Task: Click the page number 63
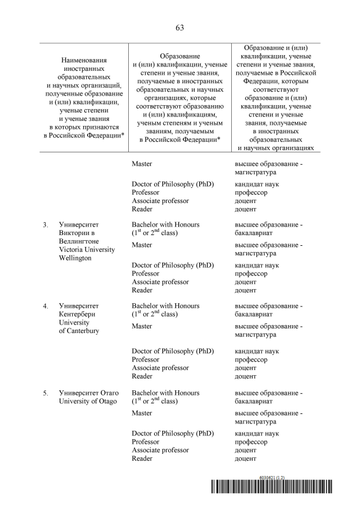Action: coord(180,28)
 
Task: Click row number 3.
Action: coord(45,225)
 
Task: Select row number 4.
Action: coord(45,307)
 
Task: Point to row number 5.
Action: coord(45,393)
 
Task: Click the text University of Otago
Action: coord(88,402)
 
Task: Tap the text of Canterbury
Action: coord(79,331)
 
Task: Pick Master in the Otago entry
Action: coord(142,413)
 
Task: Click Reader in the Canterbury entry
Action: coord(142,376)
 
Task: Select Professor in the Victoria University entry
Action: coord(145,274)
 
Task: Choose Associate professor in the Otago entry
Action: coord(160,450)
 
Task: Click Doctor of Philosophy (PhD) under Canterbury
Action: coord(173,352)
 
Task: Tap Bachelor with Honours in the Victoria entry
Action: coord(165,225)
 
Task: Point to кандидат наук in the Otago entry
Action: coord(256,434)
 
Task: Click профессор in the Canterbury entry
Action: coord(251,360)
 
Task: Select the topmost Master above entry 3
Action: coord(142,164)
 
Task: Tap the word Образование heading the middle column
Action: coord(180,56)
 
